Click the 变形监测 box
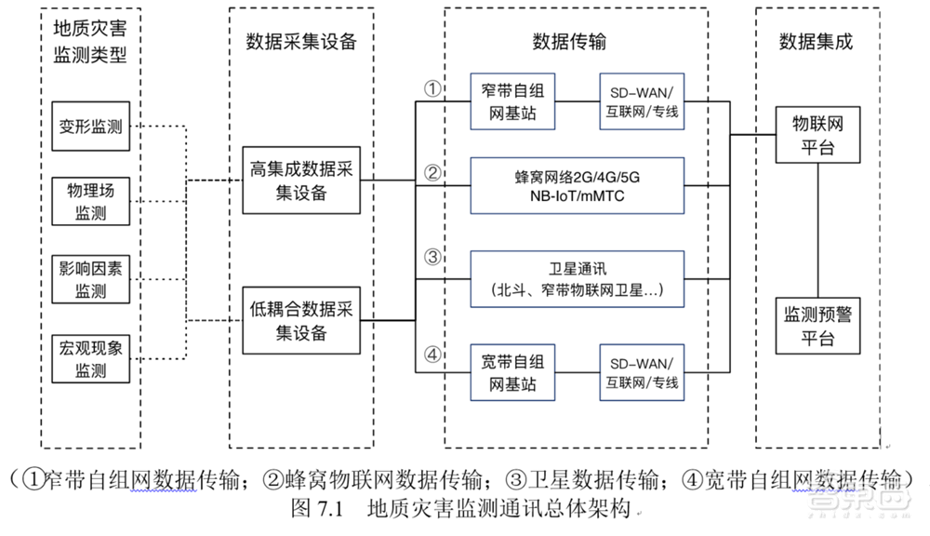(x=92, y=127)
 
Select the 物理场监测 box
(x=92, y=201)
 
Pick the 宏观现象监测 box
(x=92, y=359)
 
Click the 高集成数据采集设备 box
(x=300, y=181)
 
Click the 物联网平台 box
(x=817, y=136)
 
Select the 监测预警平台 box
(x=817, y=327)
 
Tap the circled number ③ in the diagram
(x=432, y=258)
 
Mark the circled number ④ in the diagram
(x=432, y=355)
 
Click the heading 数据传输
(x=569, y=42)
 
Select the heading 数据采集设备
(x=300, y=42)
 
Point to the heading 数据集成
(x=816, y=42)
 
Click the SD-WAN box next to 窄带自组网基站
(x=644, y=102)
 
